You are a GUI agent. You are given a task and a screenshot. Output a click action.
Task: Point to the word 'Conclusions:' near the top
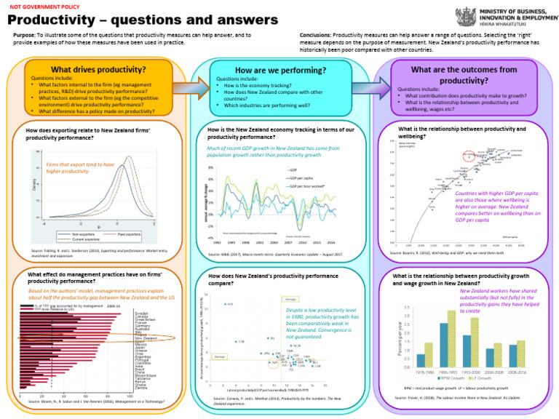(x=316, y=34)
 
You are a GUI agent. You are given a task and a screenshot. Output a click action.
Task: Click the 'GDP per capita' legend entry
(x=300, y=177)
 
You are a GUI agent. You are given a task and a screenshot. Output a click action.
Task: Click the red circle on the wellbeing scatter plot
(x=469, y=155)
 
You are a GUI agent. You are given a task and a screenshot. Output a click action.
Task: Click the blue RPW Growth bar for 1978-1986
(x=421, y=360)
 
